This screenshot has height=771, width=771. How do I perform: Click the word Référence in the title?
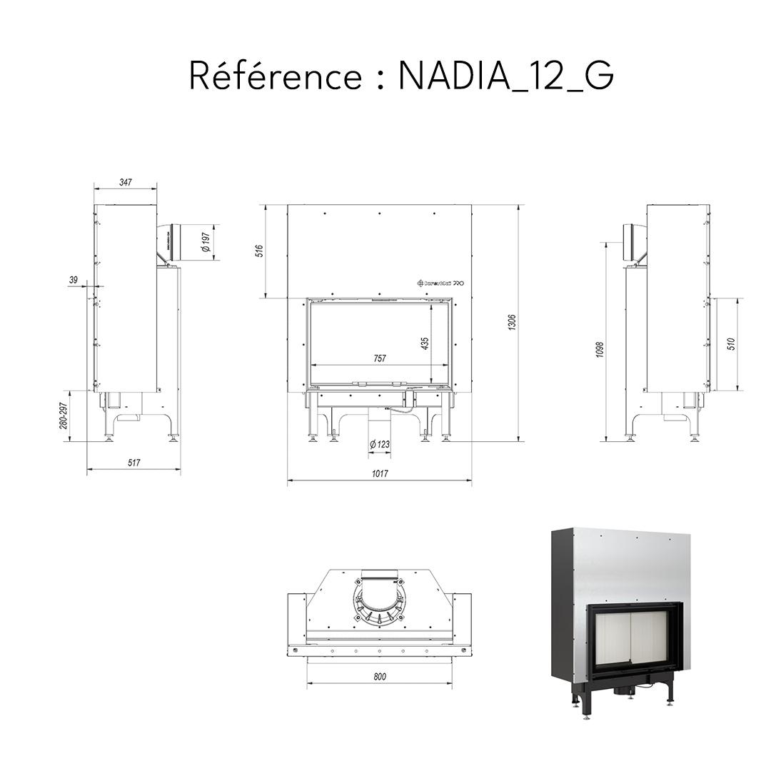click(x=276, y=76)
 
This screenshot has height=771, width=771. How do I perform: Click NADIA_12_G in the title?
click(x=505, y=76)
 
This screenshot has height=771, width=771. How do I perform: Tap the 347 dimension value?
click(x=125, y=183)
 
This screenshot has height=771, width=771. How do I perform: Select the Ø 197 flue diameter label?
click(x=206, y=242)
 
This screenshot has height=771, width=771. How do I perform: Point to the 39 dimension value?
click(x=73, y=281)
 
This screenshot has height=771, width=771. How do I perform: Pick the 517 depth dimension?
click(x=133, y=463)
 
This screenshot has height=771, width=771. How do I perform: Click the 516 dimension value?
click(x=259, y=251)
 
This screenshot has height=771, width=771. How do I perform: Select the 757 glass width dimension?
click(x=380, y=358)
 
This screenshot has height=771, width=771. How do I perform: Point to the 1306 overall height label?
click(x=511, y=322)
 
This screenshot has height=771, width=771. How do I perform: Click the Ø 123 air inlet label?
click(x=380, y=445)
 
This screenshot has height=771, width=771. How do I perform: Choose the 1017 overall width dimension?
click(x=380, y=473)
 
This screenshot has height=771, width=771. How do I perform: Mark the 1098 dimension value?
click(x=600, y=349)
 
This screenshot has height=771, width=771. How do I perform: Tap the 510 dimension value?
click(x=730, y=344)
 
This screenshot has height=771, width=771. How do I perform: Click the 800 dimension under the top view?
click(x=380, y=676)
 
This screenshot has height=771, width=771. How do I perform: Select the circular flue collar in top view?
click(x=379, y=604)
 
